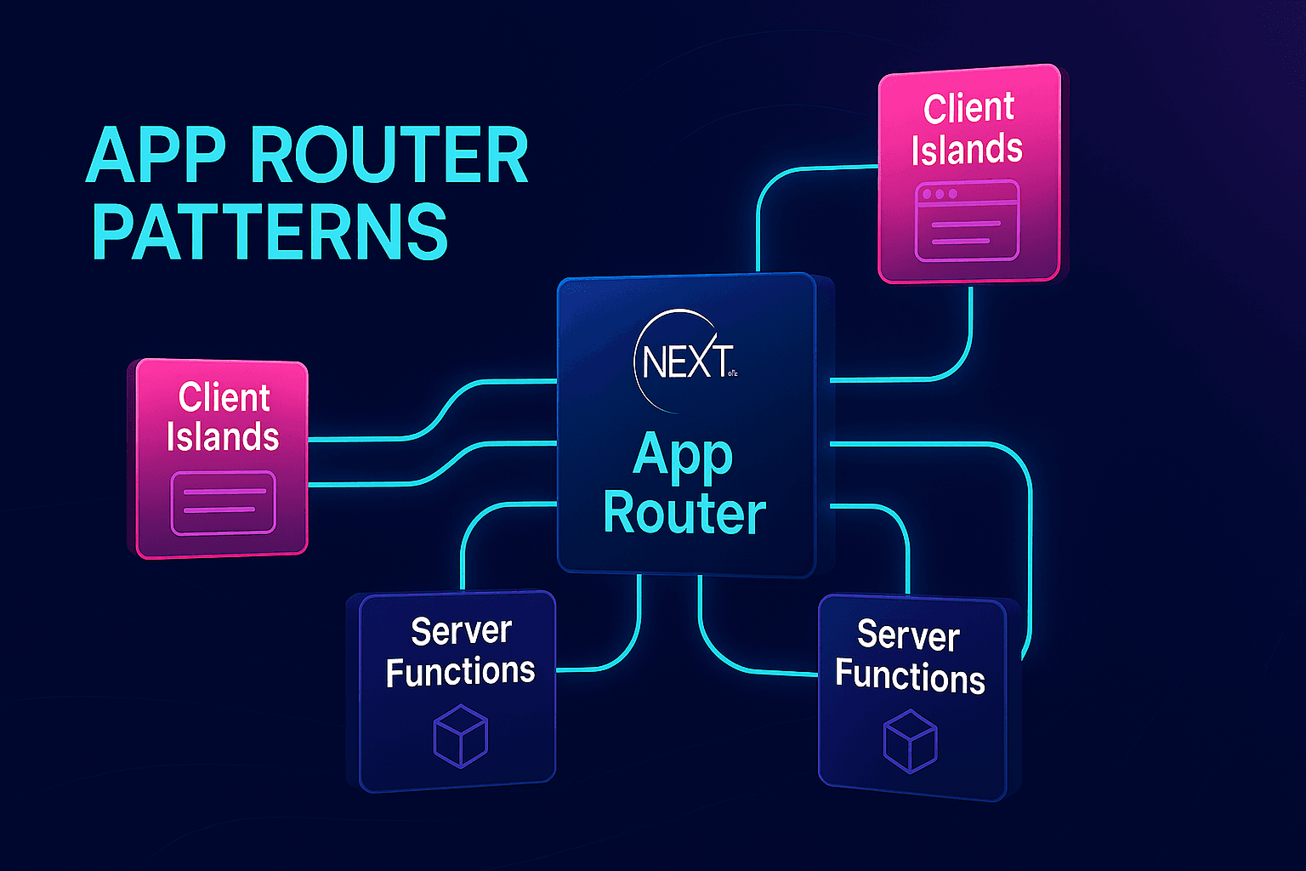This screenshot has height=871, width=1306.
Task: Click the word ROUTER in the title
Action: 389,157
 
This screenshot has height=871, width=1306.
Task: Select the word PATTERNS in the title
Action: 269,231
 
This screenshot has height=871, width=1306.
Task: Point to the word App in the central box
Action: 683,457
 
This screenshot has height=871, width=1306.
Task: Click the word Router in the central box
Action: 684,514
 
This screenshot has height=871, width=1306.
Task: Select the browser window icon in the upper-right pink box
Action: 967,220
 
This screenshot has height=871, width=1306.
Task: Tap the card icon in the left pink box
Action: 223,503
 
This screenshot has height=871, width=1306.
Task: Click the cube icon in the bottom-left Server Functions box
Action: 460,735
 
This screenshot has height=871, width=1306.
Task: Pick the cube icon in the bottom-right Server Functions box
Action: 910,742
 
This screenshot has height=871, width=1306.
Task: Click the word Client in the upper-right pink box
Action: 968,109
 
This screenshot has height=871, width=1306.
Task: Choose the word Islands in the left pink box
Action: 223,437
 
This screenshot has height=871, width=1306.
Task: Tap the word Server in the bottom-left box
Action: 461,631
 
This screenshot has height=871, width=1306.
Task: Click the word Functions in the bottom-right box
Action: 910,677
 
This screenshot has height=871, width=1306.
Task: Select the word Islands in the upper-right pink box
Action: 967,150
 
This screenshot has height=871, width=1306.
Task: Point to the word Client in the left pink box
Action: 224,398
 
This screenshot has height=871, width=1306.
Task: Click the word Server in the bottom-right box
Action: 908,636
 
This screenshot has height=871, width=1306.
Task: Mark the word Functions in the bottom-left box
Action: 460,672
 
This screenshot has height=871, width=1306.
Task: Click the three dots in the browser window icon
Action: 940,195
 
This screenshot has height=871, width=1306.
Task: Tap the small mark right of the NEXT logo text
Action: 733,372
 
